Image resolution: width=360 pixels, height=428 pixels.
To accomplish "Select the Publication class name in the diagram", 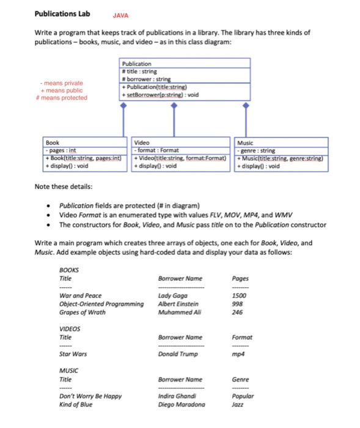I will coord(137,63).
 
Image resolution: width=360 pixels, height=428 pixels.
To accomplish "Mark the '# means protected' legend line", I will coord(62,97).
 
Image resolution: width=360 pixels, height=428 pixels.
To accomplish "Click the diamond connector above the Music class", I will coord(246,106).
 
